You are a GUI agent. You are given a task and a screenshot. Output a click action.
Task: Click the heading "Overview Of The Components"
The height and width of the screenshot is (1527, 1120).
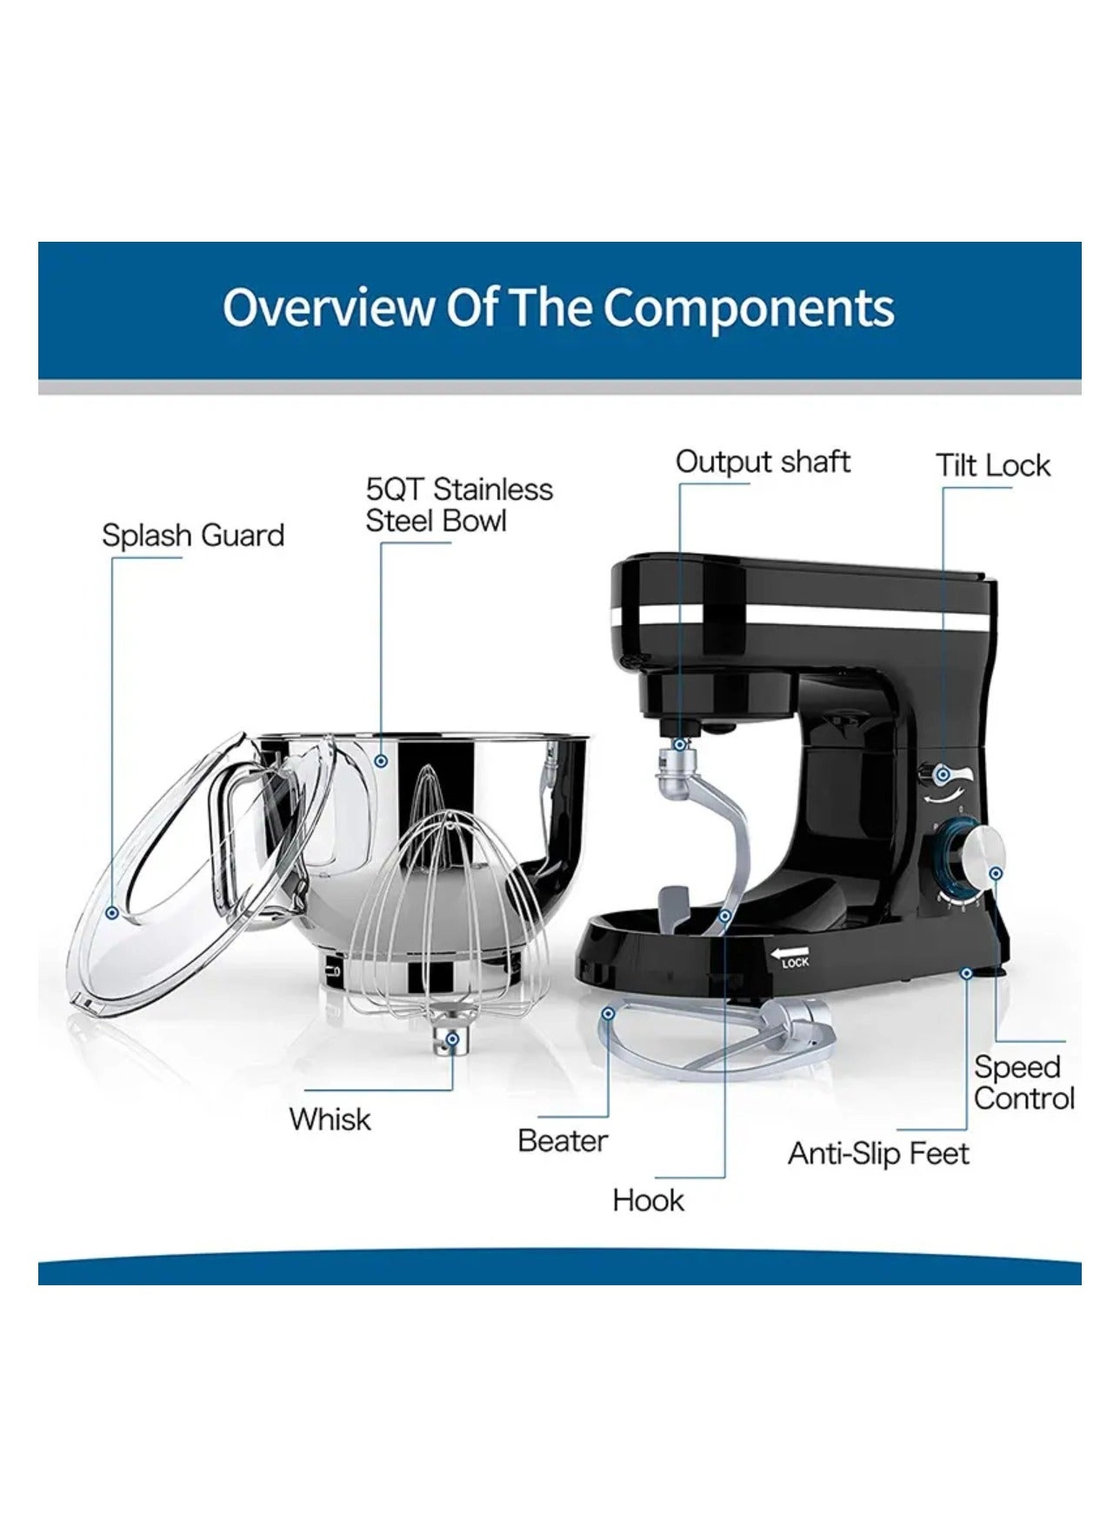tap(558, 308)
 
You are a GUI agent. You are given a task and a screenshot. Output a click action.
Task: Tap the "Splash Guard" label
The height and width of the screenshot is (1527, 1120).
tap(193, 536)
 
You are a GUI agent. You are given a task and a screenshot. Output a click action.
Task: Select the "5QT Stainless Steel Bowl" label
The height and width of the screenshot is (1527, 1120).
tap(458, 505)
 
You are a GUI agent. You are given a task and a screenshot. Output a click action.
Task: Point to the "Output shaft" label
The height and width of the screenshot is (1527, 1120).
tap(763, 462)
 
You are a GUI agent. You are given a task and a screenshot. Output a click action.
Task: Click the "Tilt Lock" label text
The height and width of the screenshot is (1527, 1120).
tap(993, 466)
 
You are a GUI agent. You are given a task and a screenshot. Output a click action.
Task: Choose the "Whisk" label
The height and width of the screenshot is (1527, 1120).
tap(330, 1119)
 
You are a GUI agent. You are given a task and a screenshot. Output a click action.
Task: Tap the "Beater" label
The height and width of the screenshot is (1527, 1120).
tap(563, 1140)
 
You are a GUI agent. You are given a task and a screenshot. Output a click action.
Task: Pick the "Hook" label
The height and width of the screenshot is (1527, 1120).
tap(648, 1201)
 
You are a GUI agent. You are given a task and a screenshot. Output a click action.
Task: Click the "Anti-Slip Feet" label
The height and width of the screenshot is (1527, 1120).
tap(878, 1154)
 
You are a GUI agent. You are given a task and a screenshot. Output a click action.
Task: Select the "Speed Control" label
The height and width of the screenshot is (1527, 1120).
tap(1023, 1083)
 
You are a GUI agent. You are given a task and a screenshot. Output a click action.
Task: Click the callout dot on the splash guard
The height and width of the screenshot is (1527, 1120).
tap(111, 913)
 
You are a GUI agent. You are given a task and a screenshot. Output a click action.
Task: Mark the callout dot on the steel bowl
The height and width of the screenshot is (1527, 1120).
tap(381, 761)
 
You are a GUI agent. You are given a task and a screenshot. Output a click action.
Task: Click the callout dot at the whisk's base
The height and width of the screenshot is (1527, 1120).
tap(451, 1038)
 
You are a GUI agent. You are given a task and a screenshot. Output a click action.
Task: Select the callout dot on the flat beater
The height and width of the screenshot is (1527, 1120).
tap(609, 1013)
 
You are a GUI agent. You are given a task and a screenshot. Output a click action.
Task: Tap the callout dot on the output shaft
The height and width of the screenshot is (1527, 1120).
tap(680, 745)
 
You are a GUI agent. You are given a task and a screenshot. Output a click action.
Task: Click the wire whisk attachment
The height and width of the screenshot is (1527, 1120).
tap(443, 913)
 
